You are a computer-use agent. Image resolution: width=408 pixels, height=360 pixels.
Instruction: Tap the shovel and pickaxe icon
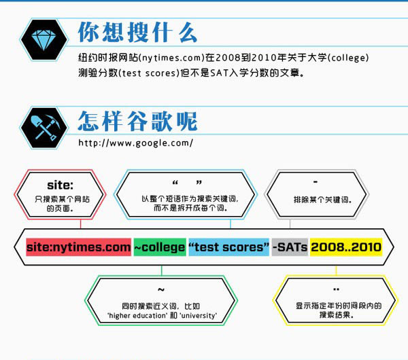click(x=45, y=128)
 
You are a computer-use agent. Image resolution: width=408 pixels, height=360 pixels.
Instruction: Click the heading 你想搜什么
click(x=137, y=32)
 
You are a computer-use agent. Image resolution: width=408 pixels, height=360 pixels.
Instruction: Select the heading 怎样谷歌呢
click(x=137, y=121)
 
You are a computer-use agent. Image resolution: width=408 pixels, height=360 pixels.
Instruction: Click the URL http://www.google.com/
click(x=135, y=143)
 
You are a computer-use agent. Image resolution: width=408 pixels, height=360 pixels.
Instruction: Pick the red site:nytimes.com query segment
click(x=79, y=247)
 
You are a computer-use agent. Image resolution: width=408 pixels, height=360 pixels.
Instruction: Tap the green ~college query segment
click(x=160, y=247)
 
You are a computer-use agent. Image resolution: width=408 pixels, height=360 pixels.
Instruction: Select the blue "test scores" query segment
click(x=228, y=247)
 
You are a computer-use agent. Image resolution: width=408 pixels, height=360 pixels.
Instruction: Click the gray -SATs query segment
click(x=290, y=247)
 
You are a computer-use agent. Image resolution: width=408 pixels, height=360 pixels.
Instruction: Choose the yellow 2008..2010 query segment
click(x=346, y=247)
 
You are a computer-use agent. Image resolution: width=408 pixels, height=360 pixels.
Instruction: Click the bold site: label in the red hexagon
click(x=60, y=185)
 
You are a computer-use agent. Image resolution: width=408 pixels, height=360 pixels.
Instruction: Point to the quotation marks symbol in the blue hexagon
click(x=187, y=183)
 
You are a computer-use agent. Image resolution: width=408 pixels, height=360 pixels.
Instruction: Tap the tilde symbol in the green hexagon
click(x=161, y=289)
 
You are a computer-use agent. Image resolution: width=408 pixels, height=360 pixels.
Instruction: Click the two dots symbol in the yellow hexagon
click(x=336, y=289)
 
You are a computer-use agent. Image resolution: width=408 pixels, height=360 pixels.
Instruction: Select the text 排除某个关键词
click(x=322, y=200)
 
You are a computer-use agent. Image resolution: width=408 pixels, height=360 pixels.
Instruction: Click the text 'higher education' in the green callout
click(x=137, y=316)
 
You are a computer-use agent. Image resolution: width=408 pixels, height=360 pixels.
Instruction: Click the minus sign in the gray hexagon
click(x=316, y=182)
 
